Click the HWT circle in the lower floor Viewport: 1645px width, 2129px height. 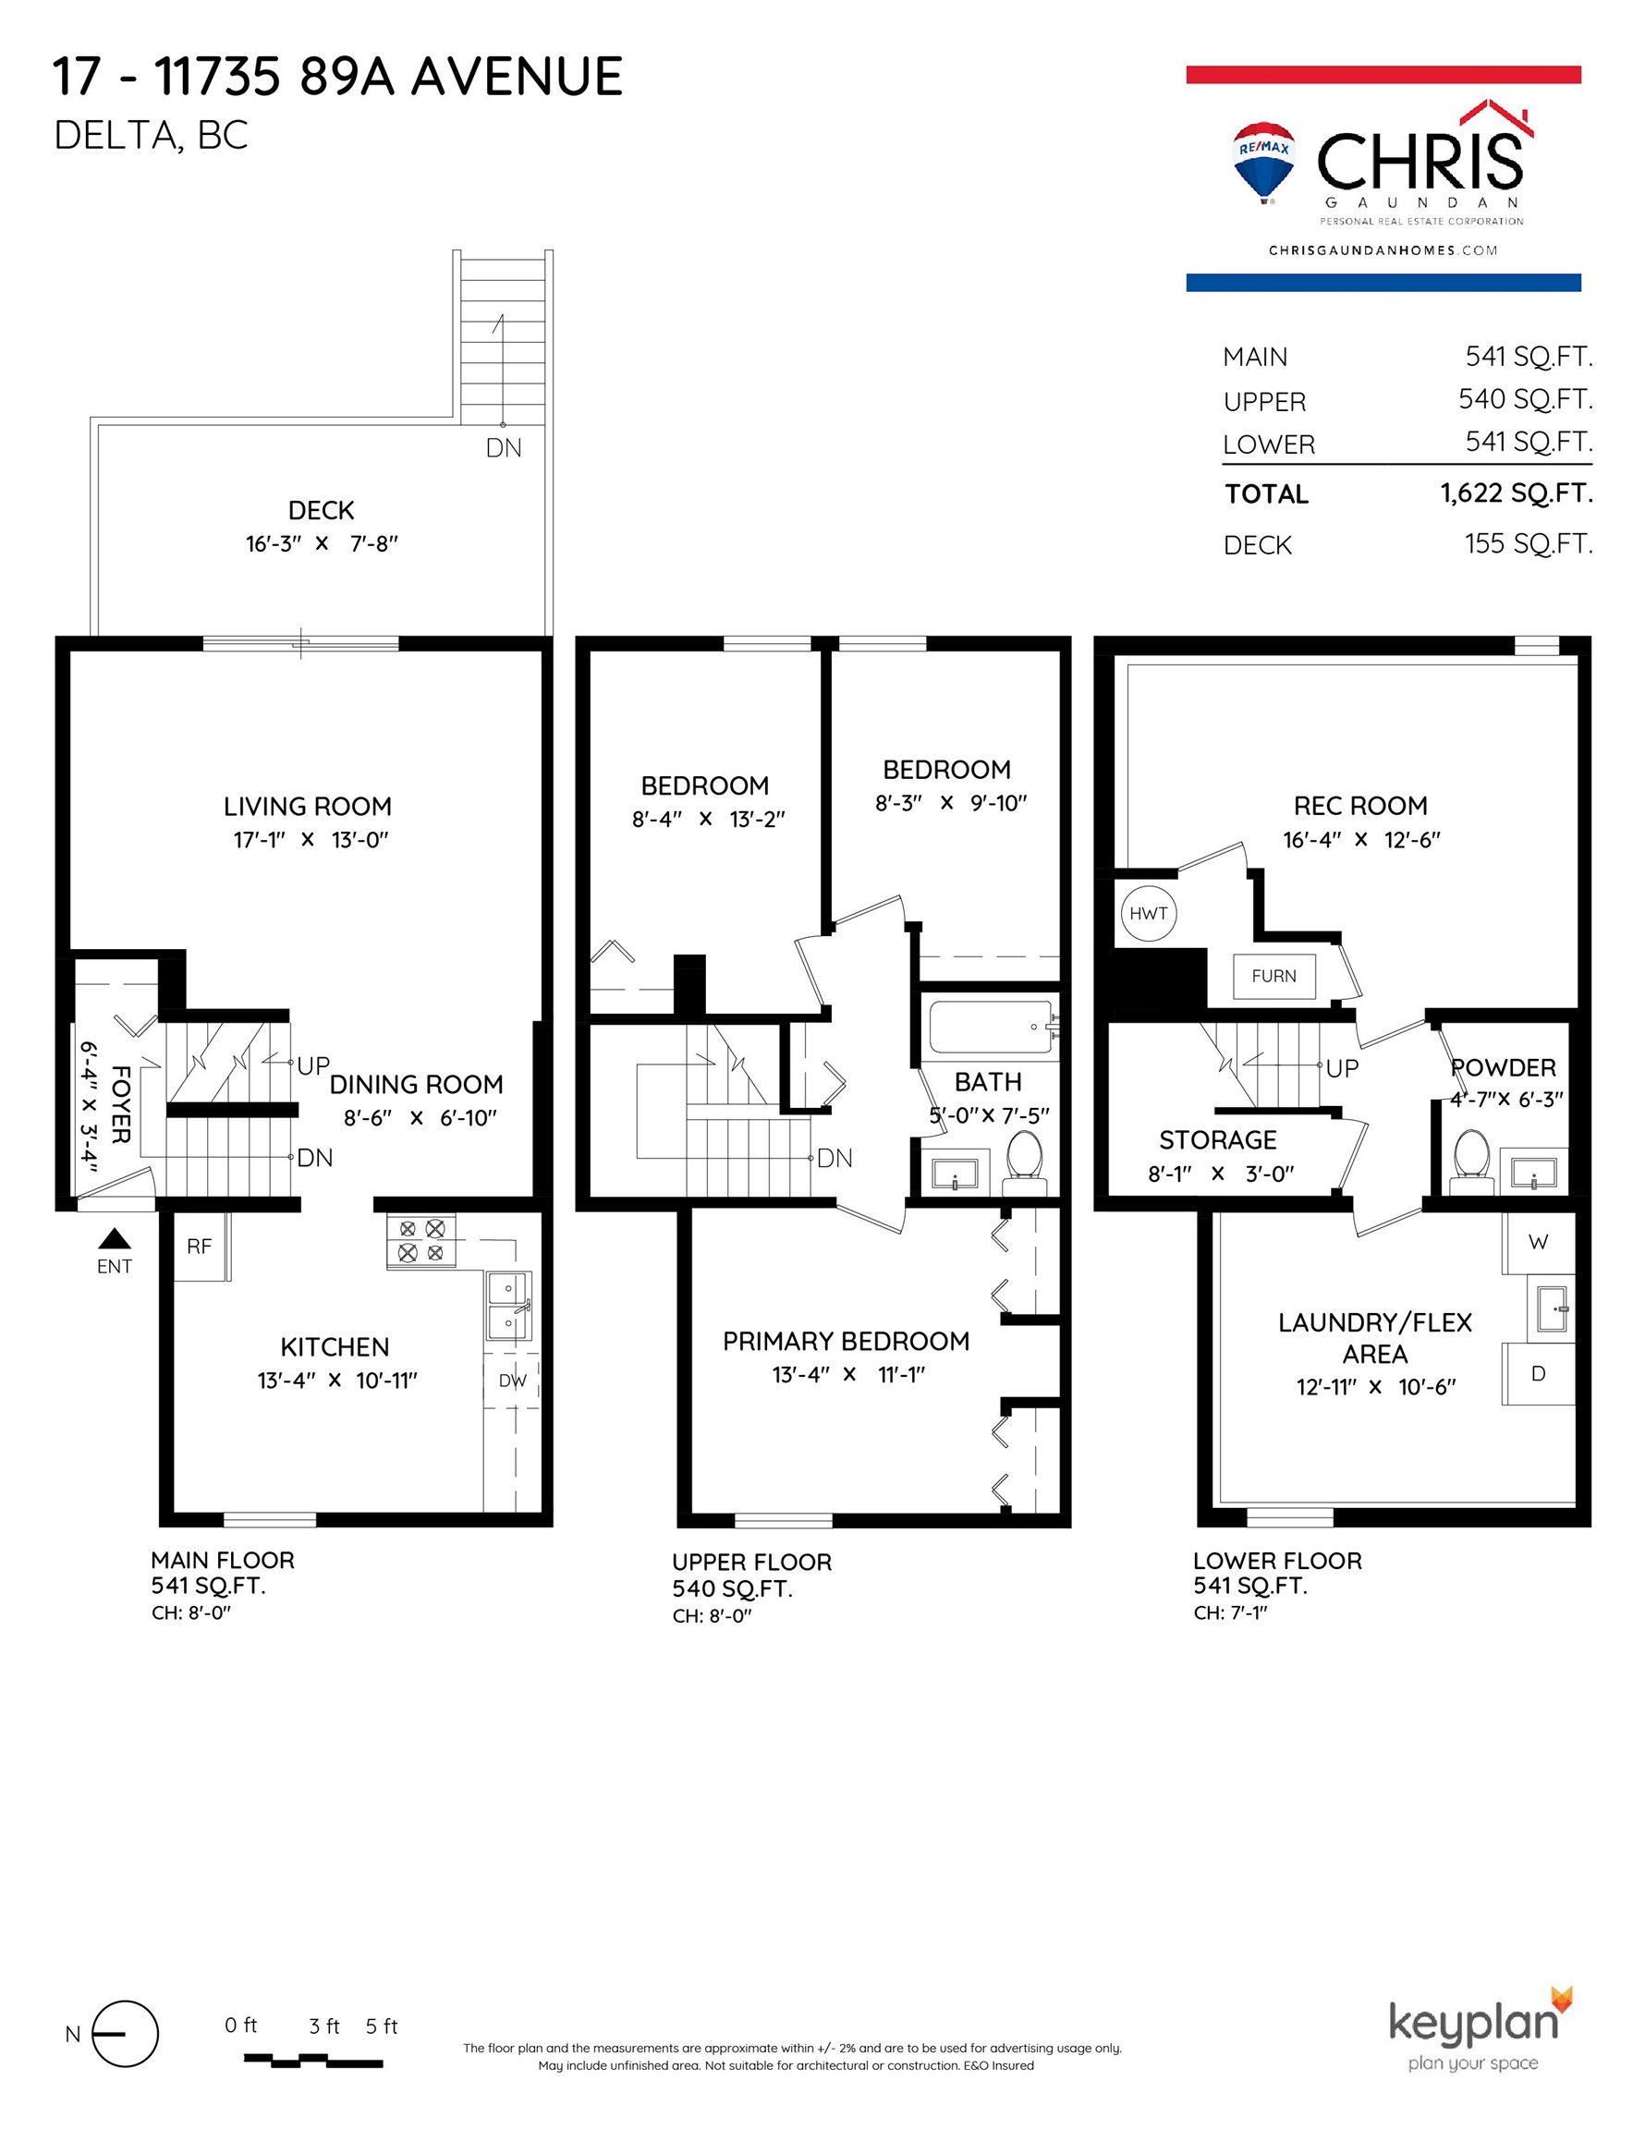coord(1148,913)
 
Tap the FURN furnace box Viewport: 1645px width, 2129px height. coord(1273,976)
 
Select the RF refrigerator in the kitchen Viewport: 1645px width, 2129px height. coord(200,1246)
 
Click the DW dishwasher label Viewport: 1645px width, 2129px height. coord(512,1381)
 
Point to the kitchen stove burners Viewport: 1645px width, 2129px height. coord(421,1241)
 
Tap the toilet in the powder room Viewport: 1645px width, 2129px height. coord(1471,1162)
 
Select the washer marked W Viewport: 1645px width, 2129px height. coord(1539,1243)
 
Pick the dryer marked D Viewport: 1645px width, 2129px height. coord(1539,1373)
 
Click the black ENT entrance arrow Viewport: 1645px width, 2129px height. coord(116,1238)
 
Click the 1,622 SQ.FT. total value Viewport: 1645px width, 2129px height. coord(1517,493)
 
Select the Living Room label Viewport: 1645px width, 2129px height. coord(307,806)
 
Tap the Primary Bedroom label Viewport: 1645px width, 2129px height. coord(846,1342)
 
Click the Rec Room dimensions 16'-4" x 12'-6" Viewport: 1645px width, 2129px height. coord(1361,839)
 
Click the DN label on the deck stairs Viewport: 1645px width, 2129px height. coord(505,447)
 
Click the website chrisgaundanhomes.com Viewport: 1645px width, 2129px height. coord(1383,250)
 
